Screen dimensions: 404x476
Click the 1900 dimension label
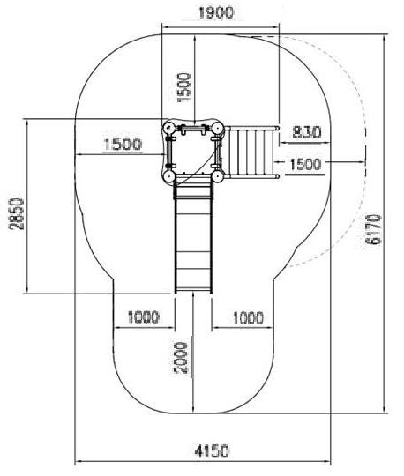coord(216,13)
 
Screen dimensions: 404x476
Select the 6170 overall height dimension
coord(373,229)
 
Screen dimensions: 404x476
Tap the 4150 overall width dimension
coord(212,451)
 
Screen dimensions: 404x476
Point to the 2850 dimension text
coord(17,214)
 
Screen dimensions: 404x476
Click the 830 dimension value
coord(306,132)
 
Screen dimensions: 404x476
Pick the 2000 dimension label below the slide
coord(181,357)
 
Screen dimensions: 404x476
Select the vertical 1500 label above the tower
coord(184,87)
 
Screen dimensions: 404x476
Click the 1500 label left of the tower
coord(123,144)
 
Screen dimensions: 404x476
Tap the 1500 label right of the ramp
coord(305,165)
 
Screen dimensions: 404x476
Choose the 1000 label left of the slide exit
coord(144,317)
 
